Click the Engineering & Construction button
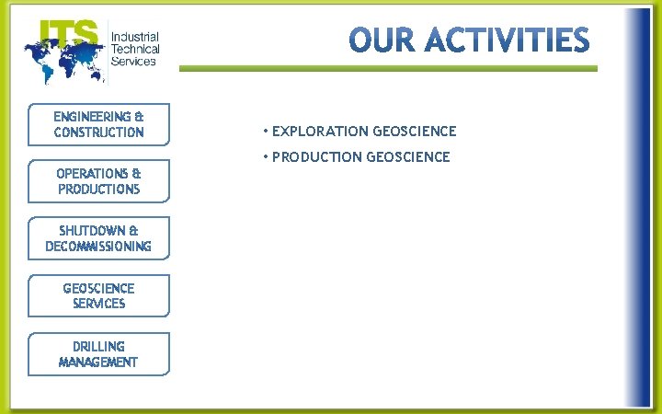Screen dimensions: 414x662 point(98,124)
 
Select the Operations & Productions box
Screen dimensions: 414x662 point(98,181)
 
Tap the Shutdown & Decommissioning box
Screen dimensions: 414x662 point(98,238)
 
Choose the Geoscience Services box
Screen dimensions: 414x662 point(98,295)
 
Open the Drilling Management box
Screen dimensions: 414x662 point(98,354)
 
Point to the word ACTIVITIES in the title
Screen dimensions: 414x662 point(508,40)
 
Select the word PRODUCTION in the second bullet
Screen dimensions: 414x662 point(317,157)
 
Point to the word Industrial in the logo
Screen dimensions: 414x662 point(134,37)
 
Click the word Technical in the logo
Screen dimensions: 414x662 point(135,49)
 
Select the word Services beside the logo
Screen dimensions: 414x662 point(133,62)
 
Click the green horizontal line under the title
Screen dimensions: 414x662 point(387,68)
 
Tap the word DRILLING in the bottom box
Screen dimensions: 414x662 point(98,347)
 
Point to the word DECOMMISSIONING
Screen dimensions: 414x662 point(98,247)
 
